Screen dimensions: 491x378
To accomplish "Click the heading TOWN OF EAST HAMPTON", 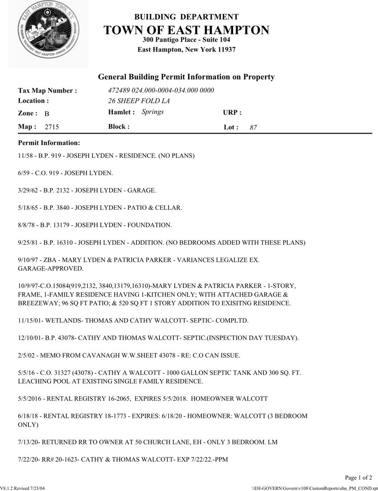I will (186, 30).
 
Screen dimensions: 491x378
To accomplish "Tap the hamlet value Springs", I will (153, 111).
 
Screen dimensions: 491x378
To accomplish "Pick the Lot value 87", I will (253, 128).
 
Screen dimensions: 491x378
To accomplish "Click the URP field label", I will (232, 112).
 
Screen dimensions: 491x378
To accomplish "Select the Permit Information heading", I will (49, 143).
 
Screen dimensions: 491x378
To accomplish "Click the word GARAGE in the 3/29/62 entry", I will (141, 190).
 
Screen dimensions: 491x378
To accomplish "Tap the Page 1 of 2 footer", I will (359, 477).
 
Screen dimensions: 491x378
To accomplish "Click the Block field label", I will (119, 127).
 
